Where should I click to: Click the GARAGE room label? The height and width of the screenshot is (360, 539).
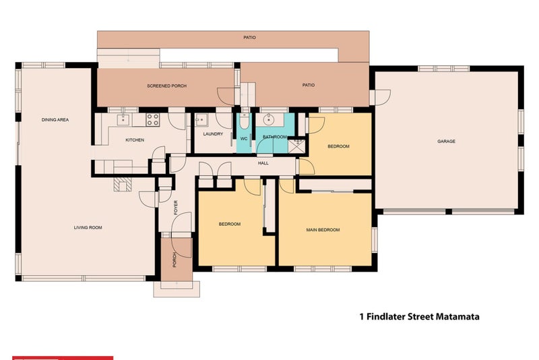click(446, 142)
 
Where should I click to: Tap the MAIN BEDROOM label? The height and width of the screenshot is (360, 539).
click(323, 230)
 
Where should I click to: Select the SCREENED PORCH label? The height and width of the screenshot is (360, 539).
click(166, 86)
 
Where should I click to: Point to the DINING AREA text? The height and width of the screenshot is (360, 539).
click(55, 120)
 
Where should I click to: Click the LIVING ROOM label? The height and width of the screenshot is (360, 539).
click(88, 228)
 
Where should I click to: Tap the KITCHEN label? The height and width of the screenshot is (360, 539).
click(135, 140)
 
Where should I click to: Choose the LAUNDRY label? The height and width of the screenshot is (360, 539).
click(213, 134)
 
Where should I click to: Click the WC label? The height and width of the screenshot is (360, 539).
click(244, 139)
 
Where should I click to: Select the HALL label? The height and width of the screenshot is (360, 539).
click(263, 163)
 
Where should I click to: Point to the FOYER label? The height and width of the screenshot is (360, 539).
click(176, 208)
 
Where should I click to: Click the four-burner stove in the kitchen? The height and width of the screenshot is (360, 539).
click(153, 119)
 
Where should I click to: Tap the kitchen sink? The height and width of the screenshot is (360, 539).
click(123, 120)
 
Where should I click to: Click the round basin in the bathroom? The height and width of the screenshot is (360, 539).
click(268, 120)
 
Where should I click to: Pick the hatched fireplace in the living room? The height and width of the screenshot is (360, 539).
click(123, 185)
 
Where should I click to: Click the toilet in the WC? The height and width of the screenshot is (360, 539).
click(245, 121)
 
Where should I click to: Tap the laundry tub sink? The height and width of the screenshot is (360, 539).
click(201, 121)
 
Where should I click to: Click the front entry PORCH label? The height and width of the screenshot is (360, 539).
click(175, 260)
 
